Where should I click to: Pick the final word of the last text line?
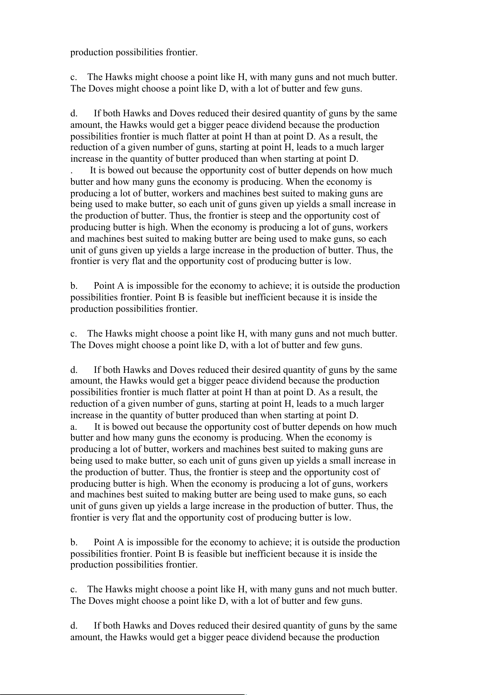point(359,637)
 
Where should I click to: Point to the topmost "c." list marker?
point(74,77)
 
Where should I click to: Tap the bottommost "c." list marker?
point(74,589)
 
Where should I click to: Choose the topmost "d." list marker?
point(74,113)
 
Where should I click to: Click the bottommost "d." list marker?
point(74,626)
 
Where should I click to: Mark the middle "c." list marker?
point(74,334)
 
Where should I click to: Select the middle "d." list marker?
point(74,370)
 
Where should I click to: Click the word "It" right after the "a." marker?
point(98,427)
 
